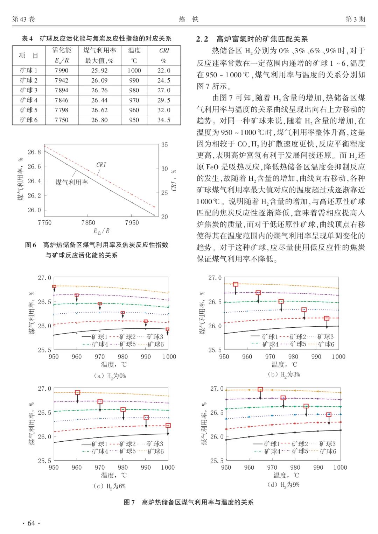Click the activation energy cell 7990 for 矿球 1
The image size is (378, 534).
coord(61,70)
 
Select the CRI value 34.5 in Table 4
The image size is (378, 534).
coord(163,120)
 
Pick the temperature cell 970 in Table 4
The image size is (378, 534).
coord(134,100)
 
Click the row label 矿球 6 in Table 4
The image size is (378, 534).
coord(28,120)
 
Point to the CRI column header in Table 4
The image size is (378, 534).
coord(164,51)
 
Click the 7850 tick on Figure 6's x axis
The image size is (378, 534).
coord(88,223)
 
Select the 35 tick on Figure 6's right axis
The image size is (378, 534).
coord(164,145)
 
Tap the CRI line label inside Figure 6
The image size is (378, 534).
coord(101,165)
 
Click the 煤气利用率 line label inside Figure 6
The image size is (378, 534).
coord(72,182)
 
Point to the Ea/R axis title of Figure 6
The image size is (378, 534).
coord(101,231)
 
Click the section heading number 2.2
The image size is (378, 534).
coord(202,39)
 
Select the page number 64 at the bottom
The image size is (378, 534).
coord(31,523)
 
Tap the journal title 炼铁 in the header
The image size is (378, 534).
coord(189,19)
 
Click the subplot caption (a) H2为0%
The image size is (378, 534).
coord(110,376)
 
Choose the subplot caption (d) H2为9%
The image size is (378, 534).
coord(283,485)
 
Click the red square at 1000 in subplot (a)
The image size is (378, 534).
coord(168,329)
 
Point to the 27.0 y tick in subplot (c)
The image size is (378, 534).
coord(44,389)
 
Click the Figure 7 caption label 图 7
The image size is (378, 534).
coord(129,502)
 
